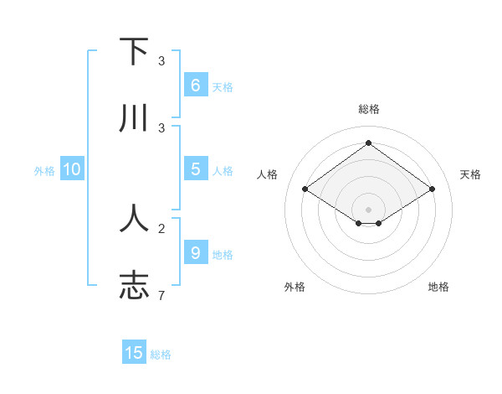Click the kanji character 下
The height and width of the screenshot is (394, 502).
134,52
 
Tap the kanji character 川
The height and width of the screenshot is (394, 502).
134,119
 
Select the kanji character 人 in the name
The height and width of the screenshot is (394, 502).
134,218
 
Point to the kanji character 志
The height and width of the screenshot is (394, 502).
134,285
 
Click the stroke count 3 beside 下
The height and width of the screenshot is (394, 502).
161,61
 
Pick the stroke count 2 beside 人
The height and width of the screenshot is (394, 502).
161,227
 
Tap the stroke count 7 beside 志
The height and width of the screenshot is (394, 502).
161,295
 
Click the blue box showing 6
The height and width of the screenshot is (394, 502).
195,86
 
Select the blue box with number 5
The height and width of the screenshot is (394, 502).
195,169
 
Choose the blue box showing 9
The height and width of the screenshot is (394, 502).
195,252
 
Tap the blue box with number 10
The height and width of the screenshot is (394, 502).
72,169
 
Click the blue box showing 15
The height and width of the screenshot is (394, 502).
134,353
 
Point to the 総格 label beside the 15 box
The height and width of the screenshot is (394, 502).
161,355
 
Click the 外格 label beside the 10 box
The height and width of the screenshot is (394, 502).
44,171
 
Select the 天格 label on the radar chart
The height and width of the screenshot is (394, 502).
470,174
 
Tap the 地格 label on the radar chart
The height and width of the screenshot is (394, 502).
438,287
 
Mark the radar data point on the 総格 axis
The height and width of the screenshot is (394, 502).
368,143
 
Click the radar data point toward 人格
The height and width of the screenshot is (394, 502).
305,189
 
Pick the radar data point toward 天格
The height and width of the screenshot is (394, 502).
432,189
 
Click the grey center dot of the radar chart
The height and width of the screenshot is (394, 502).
368,209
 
